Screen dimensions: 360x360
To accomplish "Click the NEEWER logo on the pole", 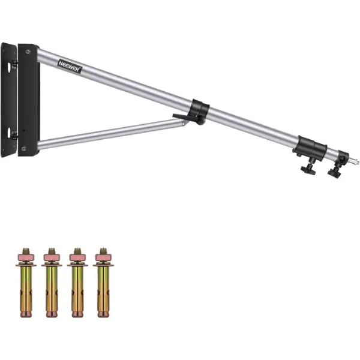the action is click(70, 66).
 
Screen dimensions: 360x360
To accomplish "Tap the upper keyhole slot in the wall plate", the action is click(9, 67).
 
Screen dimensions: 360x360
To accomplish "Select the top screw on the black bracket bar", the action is click(28, 52).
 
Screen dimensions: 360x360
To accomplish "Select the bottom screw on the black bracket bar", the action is click(23, 149).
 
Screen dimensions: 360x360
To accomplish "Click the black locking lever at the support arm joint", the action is click(182, 116).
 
